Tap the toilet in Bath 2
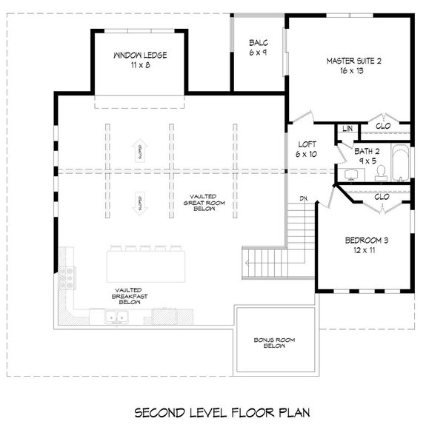click(x=382, y=172)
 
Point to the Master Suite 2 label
click(x=353, y=67)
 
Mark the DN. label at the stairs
click(x=304, y=198)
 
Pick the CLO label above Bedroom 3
click(x=382, y=197)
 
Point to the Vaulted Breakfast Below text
click(x=129, y=296)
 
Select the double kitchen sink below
click(x=114, y=318)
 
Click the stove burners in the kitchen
click(x=71, y=277)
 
